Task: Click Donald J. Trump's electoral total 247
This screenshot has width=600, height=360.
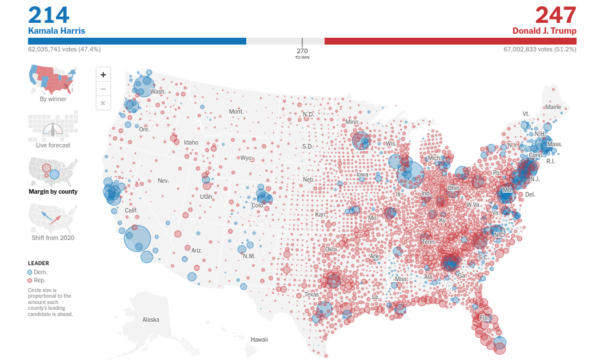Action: [555, 15]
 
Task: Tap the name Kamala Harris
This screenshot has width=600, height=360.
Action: [57, 31]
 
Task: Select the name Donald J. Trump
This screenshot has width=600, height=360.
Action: [544, 31]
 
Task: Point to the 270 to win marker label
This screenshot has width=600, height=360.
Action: [302, 53]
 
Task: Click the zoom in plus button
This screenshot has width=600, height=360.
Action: [103, 74]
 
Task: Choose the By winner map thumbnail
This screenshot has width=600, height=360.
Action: [53, 80]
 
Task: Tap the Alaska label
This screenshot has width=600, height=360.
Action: [151, 320]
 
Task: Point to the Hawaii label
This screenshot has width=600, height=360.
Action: [259, 339]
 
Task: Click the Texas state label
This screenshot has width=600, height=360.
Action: [311, 295]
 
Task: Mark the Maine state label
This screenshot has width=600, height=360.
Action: [553, 107]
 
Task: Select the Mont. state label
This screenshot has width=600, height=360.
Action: [236, 111]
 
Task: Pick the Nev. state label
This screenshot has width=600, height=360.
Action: [163, 181]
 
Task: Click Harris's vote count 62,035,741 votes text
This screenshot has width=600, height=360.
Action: [64, 49]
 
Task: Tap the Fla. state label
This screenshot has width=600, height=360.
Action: [485, 318]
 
